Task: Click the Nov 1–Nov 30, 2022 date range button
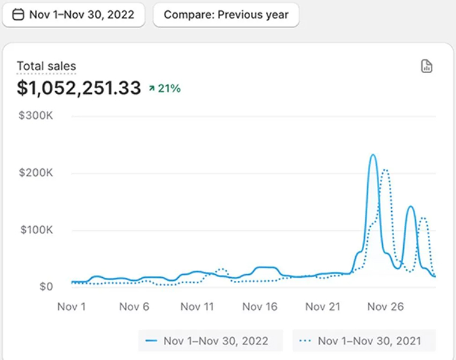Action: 73,15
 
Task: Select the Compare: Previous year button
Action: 226,15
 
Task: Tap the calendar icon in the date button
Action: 18,15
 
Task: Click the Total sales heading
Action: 46,67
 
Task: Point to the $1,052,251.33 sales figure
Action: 79,88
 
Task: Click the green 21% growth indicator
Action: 165,89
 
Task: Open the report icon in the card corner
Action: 427,66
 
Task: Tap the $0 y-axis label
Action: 46,287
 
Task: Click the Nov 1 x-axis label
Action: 71,307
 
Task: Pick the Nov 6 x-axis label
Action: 134,307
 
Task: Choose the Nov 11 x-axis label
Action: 197,307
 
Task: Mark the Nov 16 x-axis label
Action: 260,307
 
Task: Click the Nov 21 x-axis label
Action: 323,307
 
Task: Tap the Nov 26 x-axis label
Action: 385,307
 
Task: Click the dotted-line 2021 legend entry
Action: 364,341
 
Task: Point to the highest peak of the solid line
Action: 373,155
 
